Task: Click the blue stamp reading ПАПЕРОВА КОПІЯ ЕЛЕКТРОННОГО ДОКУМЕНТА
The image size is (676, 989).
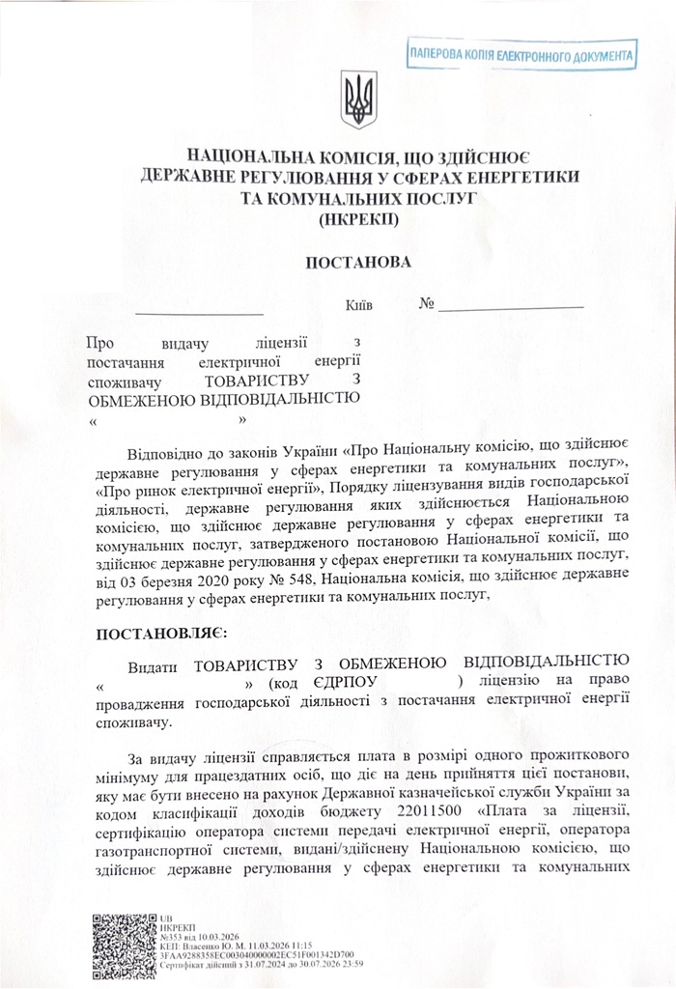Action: click(x=521, y=56)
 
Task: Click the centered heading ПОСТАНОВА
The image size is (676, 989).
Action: click(x=358, y=263)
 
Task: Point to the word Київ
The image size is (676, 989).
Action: click(x=358, y=305)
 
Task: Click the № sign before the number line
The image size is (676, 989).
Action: click(x=427, y=304)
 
